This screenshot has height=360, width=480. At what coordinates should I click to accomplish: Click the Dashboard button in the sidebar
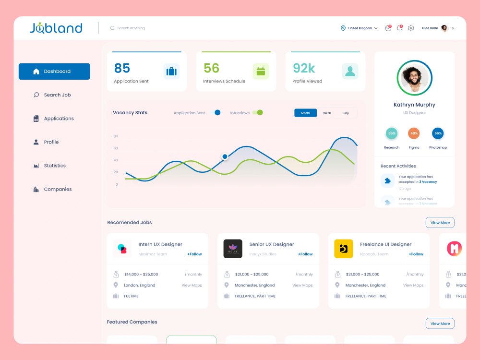(54, 72)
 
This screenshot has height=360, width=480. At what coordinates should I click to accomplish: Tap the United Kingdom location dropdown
(359, 28)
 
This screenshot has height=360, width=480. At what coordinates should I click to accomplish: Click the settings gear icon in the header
(411, 28)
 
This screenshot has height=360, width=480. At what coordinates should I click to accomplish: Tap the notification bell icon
(399, 28)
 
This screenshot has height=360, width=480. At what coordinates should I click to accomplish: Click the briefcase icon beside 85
(171, 72)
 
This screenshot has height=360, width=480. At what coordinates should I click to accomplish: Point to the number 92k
(304, 68)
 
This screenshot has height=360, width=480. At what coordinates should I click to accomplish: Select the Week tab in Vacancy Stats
(327, 113)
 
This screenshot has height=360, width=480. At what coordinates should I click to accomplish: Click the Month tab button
(305, 113)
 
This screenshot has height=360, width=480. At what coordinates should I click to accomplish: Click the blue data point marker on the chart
(225, 156)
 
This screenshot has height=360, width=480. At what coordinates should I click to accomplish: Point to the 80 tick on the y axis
(116, 136)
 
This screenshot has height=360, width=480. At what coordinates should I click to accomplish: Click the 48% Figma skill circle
(414, 133)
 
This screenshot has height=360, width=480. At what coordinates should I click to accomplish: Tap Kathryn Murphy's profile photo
(415, 78)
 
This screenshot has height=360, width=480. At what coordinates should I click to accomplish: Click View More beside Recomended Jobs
(440, 223)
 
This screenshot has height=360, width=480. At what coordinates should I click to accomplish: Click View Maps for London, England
(192, 285)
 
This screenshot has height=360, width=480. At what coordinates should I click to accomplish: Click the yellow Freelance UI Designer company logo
(344, 249)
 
